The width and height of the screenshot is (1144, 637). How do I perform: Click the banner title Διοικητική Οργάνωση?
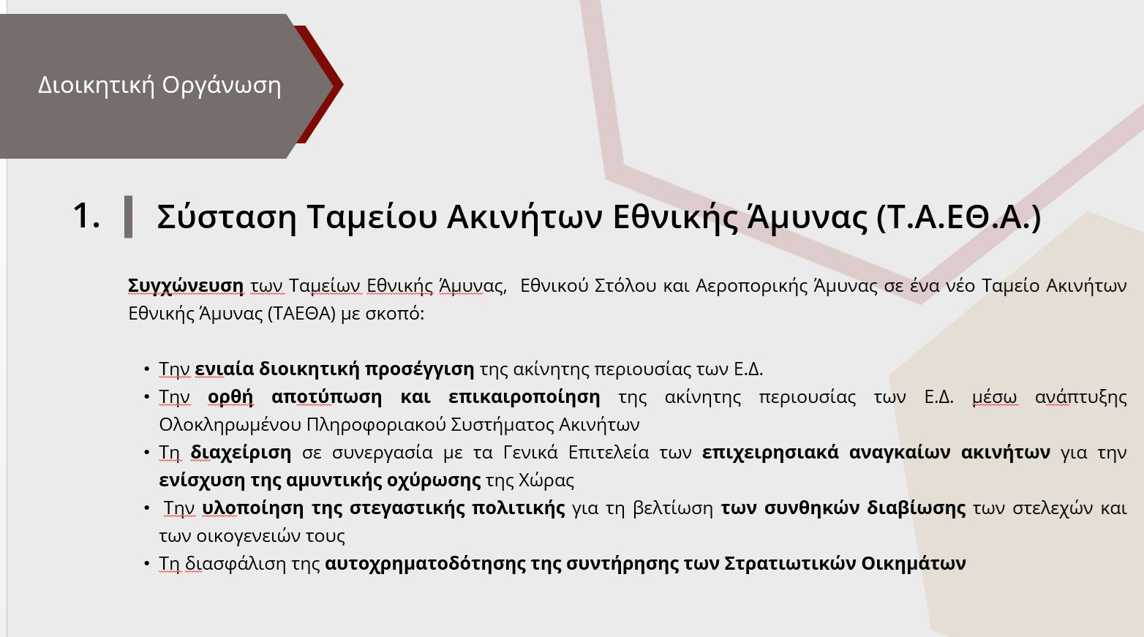[x=159, y=86]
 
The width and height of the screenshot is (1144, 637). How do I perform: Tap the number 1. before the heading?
[x=86, y=216]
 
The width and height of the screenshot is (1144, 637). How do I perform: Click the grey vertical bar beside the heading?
[x=128, y=216]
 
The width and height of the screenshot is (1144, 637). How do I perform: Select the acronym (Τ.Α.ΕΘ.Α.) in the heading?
[x=958, y=217]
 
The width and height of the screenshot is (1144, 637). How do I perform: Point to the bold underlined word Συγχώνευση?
[x=185, y=286]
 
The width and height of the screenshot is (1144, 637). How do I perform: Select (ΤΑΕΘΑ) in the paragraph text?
[x=302, y=314]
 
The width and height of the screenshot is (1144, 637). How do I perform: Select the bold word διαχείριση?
[x=241, y=453]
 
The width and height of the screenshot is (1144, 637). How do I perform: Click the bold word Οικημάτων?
[x=914, y=563]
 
